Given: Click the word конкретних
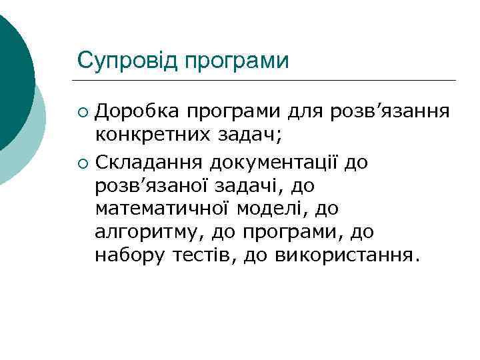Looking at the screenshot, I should click(155, 135).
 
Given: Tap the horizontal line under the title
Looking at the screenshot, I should click(267, 81).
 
